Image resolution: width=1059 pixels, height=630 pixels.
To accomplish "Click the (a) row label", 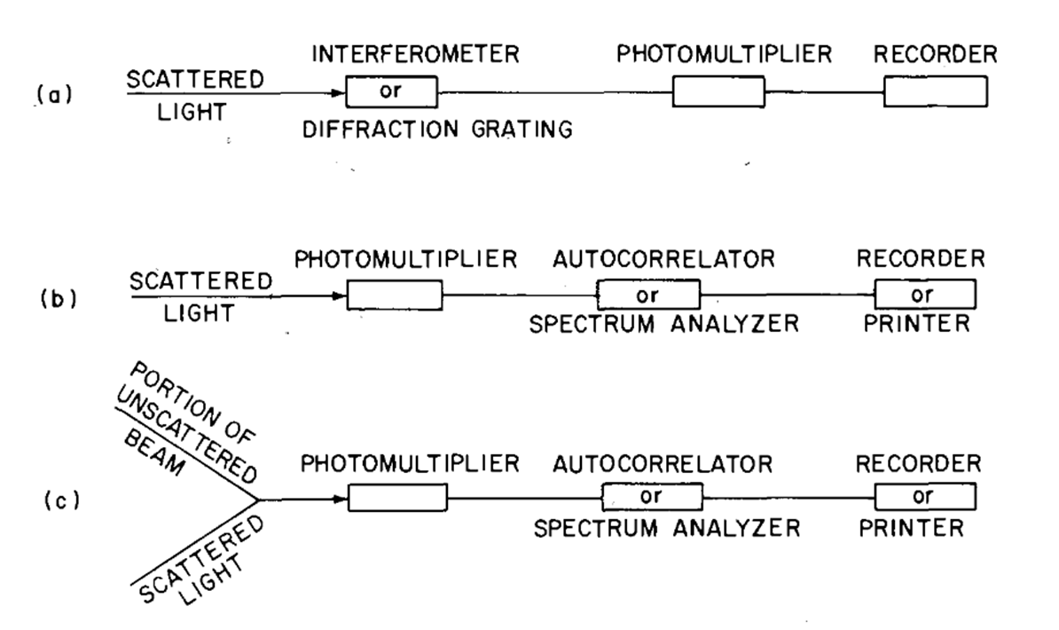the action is pyautogui.click(x=55, y=95).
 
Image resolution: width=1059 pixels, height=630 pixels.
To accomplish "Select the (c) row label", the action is pyautogui.click(x=62, y=500).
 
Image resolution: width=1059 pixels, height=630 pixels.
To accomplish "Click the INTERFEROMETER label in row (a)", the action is pyautogui.click(x=415, y=54).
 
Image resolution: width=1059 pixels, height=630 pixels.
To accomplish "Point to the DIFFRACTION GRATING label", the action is pyautogui.click(x=437, y=130).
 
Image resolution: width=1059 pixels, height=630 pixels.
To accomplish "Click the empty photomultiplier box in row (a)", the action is pyautogui.click(x=718, y=92).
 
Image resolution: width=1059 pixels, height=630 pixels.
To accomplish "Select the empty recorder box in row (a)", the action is pyautogui.click(x=936, y=92).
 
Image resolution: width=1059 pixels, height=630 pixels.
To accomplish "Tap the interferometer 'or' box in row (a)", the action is pyautogui.click(x=392, y=92).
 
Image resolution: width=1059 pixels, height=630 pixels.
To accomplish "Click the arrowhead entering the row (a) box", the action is pyautogui.click(x=339, y=92).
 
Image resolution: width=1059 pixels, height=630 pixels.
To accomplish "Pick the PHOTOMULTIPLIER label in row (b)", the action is pyautogui.click(x=406, y=260).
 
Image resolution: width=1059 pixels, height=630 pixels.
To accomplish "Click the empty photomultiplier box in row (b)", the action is pyautogui.click(x=395, y=295).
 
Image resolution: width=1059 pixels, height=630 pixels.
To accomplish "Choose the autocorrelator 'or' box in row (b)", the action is pyautogui.click(x=648, y=295).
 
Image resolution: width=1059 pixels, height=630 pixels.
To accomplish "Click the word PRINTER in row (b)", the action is pyautogui.click(x=917, y=324).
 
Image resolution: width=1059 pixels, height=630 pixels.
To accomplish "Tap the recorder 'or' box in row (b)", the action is pyautogui.click(x=925, y=295).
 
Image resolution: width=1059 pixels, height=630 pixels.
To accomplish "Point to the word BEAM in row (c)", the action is pyautogui.click(x=154, y=453).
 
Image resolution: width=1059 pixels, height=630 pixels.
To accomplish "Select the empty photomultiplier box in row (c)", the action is pyautogui.click(x=398, y=498).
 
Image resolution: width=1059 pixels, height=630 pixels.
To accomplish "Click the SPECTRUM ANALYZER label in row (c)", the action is pyautogui.click(x=667, y=528).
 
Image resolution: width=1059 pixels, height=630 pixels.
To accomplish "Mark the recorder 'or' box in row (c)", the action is pyautogui.click(x=925, y=497).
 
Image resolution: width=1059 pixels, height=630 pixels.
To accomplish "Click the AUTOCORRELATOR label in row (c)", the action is pyautogui.click(x=663, y=464).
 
